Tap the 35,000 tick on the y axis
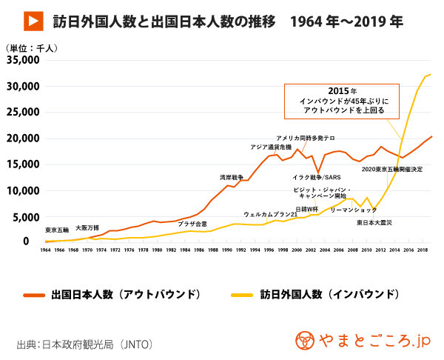click(x=21, y=60)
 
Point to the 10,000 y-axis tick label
click(x=21, y=190)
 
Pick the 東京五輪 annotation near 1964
click(x=57, y=230)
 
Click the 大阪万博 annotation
click(x=87, y=228)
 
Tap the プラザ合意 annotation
click(x=192, y=223)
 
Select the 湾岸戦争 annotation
click(x=232, y=178)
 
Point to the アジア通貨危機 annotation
click(x=272, y=148)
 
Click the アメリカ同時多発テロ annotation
click(x=306, y=139)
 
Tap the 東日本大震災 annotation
click(x=380, y=222)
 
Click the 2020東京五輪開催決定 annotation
click(x=392, y=170)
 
